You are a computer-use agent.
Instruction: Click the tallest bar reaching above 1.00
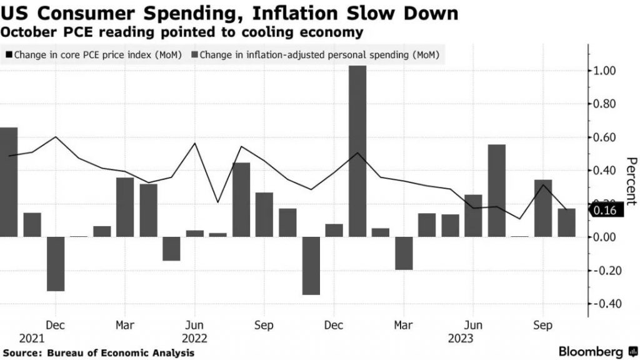(357, 151)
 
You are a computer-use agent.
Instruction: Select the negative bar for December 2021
(56, 263)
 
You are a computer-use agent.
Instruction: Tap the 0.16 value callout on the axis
(607, 211)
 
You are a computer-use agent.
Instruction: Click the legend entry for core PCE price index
(94, 56)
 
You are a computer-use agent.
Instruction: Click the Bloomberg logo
(590, 351)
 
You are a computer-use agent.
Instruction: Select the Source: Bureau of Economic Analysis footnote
(98, 353)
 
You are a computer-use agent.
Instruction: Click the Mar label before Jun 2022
(125, 325)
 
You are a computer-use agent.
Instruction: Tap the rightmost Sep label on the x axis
(542, 325)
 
